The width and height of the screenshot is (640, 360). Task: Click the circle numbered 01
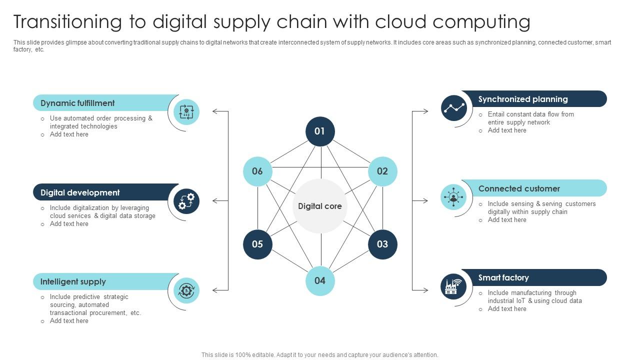[320, 131]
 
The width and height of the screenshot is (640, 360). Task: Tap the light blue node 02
[382, 171]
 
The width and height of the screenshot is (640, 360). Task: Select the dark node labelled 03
[382, 244]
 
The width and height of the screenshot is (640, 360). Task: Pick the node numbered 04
[320, 280]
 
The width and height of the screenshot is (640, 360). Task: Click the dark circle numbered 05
[257, 244]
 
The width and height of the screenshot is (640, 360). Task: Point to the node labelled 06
[257, 171]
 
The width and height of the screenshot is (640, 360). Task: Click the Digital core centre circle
[320, 206]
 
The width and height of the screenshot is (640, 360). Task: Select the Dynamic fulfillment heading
[77, 103]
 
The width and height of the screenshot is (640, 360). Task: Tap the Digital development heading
[80, 192]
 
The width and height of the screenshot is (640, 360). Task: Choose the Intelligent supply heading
[73, 281]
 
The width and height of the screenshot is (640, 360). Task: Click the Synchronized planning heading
[523, 99]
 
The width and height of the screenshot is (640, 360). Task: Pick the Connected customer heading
[519, 188]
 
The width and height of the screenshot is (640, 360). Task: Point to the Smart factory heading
[503, 277]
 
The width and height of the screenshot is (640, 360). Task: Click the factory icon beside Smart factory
[453, 286]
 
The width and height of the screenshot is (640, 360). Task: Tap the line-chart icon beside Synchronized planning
[453, 107]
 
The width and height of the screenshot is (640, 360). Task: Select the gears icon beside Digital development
[186, 201]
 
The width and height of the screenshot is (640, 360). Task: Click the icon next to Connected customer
[453, 197]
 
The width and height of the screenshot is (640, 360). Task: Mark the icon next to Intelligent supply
[186, 290]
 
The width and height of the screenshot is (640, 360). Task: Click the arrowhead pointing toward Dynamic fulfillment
[215, 111]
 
